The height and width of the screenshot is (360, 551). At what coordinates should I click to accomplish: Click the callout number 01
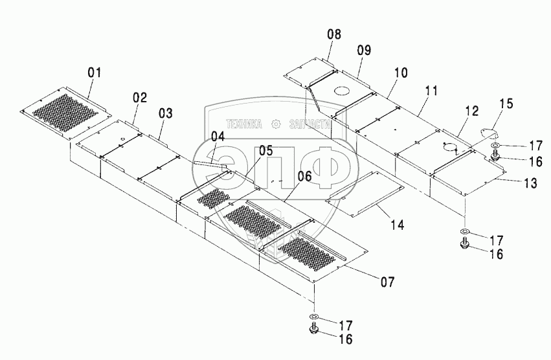[95, 73]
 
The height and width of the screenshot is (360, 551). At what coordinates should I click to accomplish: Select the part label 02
[141, 98]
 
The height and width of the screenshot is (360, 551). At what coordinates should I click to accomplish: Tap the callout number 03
[166, 113]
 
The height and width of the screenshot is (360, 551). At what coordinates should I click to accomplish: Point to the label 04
[218, 137]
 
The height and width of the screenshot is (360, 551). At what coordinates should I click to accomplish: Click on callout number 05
[248, 150]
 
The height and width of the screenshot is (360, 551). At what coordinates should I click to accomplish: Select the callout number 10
[401, 73]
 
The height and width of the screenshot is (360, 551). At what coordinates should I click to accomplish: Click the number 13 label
[530, 183]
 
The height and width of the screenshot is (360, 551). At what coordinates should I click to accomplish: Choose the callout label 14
[398, 225]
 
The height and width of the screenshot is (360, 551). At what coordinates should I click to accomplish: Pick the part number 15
[506, 104]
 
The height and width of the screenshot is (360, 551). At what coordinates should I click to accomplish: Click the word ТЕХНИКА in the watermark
[243, 123]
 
